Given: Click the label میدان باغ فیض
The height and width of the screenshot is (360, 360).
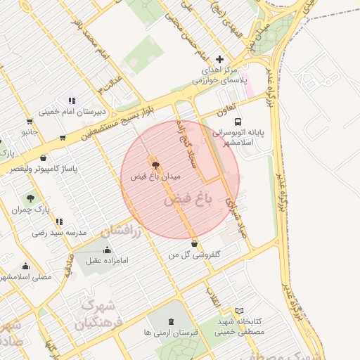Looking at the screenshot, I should [156, 176].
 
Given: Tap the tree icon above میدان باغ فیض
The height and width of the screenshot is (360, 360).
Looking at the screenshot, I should [155, 166].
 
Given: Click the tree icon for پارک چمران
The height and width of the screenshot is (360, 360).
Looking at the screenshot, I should [30, 198].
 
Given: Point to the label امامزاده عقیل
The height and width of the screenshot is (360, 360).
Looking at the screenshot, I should [105, 261].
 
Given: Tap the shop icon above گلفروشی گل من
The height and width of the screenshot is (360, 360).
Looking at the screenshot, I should [194, 244].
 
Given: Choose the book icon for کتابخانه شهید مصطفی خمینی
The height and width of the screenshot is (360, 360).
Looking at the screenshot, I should [239, 311].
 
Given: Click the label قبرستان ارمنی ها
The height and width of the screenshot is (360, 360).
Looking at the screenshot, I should [167, 331].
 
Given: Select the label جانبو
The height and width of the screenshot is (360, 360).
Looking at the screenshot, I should [30, 131].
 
